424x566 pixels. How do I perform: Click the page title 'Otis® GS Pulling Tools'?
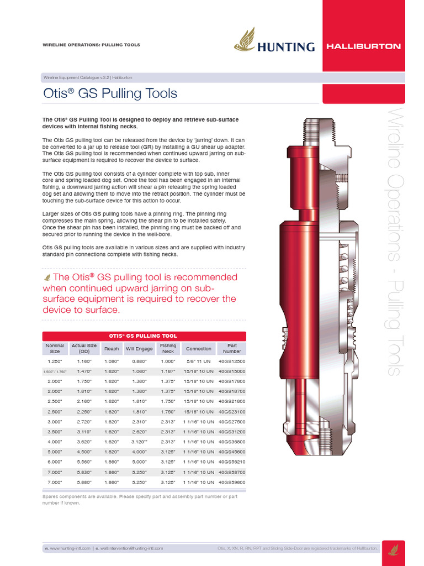tap(110, 93)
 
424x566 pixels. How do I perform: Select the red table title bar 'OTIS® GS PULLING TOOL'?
tap(144, 336)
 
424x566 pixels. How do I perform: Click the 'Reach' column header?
tap(112, 349)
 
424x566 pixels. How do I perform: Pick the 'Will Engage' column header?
tap(140, 349)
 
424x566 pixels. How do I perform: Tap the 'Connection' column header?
tap(199, 349)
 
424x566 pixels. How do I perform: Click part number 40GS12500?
tap(232, 361)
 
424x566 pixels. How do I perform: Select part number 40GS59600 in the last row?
tap(232, 482)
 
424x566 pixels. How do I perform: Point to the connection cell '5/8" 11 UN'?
tap(199, 361)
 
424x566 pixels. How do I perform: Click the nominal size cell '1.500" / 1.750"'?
tap(55, 371)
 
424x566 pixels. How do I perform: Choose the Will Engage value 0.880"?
tap(140, 361)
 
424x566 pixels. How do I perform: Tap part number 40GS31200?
tap(232, 432)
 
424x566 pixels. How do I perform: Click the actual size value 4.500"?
tap(84, 452)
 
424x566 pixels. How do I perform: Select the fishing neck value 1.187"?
tap(168, 371)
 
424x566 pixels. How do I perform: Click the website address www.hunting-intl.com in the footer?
tap(69, 548)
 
